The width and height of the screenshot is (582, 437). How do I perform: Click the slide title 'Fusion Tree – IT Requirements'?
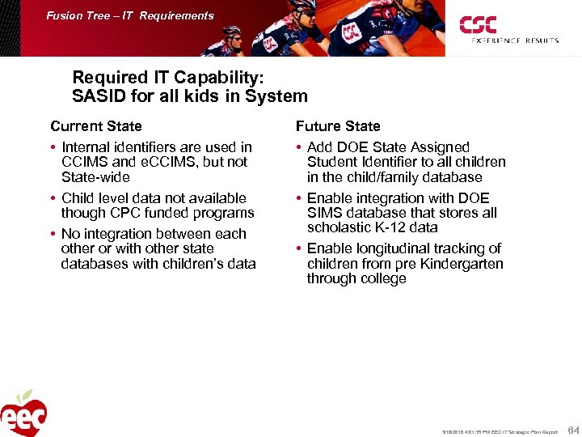[x=130, y=15]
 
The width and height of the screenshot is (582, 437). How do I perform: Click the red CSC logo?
[x=478, y=25]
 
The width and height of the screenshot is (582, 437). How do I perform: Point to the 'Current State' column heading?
[x=95, y=126]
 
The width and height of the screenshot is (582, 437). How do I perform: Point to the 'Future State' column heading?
[x=338, y=126]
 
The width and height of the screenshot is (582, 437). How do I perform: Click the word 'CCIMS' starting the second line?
[x=83, y=162]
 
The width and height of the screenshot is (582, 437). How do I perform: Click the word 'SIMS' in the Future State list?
[x=326, y=213]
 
